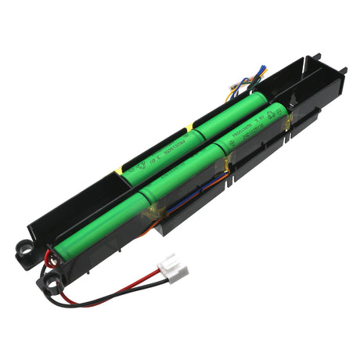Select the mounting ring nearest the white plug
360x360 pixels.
tap(56, 276)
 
